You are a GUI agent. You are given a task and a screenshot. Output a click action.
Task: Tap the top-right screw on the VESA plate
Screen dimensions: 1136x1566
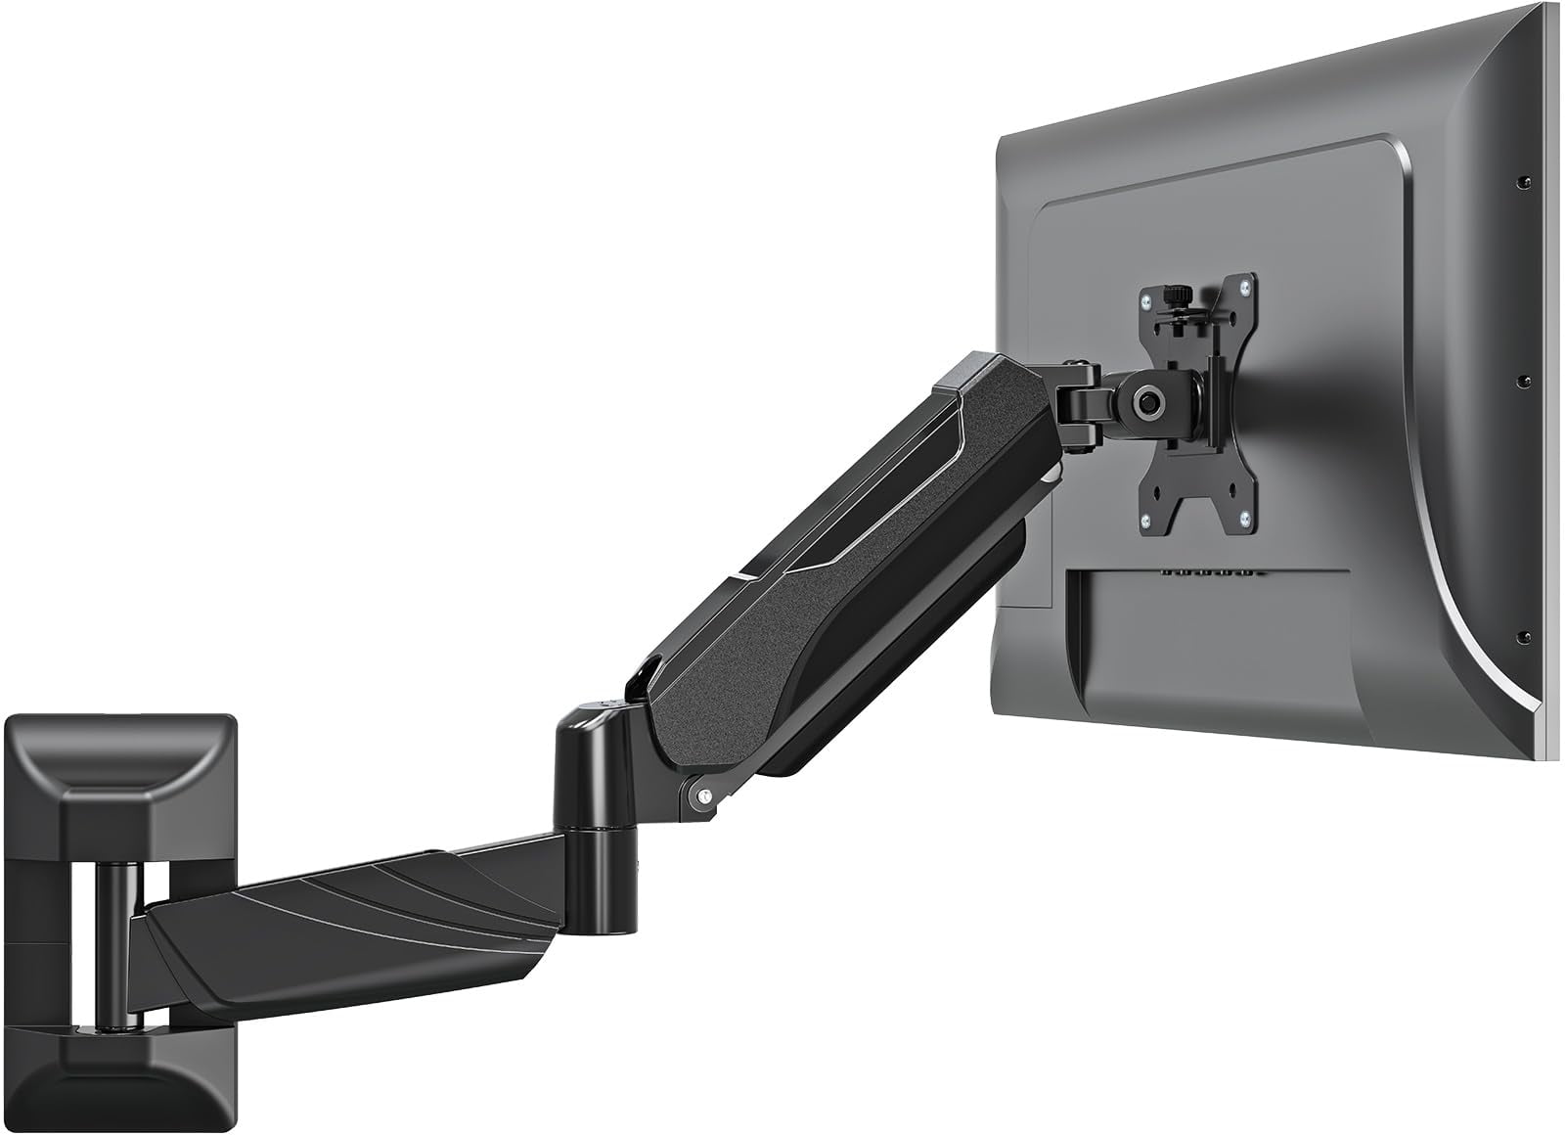(x=1243, y=286)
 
